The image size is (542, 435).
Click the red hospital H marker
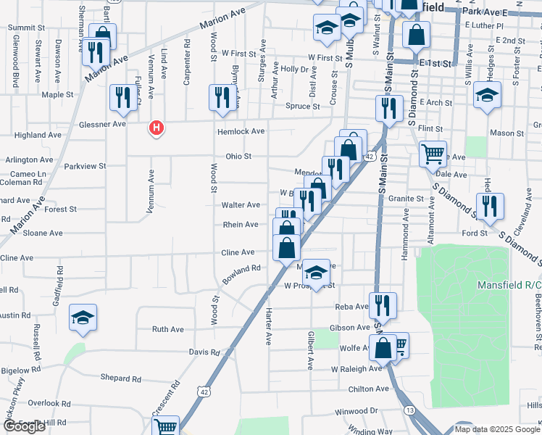(155, 129)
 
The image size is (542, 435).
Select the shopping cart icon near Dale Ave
(433, 154)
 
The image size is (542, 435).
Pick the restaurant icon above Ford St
(490, 206)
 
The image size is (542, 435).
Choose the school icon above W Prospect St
(315, 273)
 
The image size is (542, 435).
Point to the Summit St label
(27, 28)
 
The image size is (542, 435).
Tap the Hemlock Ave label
(241, 131)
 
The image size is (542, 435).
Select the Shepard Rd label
(120, 378)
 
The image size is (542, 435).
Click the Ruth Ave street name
(167, 329)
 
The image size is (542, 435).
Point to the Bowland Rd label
(241, 274)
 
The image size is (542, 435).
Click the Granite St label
(405, 198)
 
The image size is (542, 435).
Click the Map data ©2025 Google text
(497, 428)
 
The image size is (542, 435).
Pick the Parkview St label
(85, 166)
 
